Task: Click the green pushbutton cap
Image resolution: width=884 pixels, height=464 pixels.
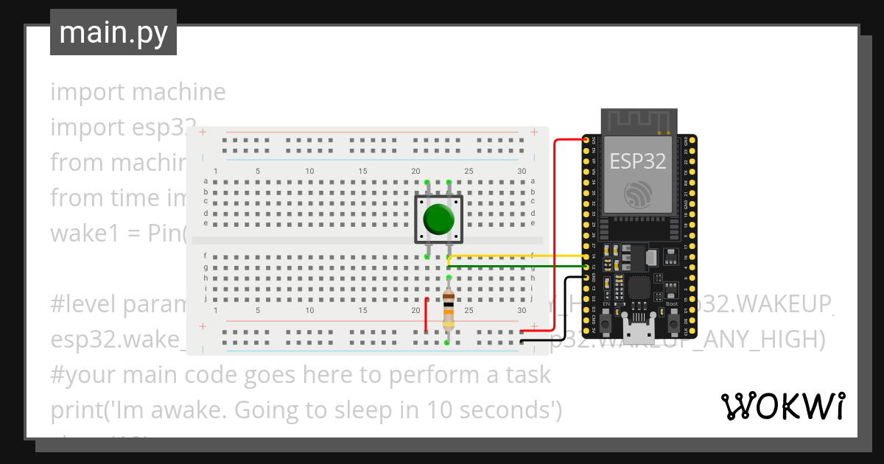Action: pyautogui.click(x=438, y=219)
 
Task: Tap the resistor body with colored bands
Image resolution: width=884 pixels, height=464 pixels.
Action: pyautogui.click(x=448, y=310)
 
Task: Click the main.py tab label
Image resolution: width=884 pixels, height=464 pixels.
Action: pyautogui.click(x=113, y=33)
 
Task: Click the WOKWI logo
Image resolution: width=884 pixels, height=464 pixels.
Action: pyautogui.click(x=782, y=406)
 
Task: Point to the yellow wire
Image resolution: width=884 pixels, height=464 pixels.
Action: pyautogui.click(x=516, y=256)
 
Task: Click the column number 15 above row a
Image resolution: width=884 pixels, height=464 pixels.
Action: pyautogui.click(x=362, y=172)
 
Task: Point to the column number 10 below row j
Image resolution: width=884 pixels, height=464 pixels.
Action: pyautogui.click(x=310, y=312)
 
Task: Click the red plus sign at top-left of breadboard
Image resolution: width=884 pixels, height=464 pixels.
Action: pyautogui.click(x=203, y=133)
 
